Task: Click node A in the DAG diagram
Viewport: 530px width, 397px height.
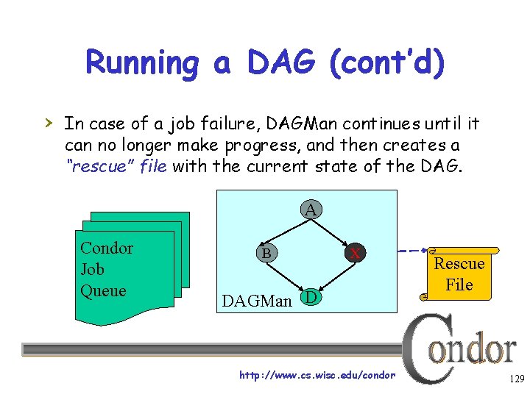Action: (311, 210)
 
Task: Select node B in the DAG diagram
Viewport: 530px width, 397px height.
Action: (264, 253)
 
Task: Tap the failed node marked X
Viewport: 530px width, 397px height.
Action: (355, 253)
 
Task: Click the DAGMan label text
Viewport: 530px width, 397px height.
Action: (257, 301)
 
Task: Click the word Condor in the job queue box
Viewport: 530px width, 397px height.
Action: (107, 248)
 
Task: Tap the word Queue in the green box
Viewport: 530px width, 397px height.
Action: (103, 290)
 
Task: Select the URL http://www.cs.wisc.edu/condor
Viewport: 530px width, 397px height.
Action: (317, 376)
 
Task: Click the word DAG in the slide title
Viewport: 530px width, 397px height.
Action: (279, 63)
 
